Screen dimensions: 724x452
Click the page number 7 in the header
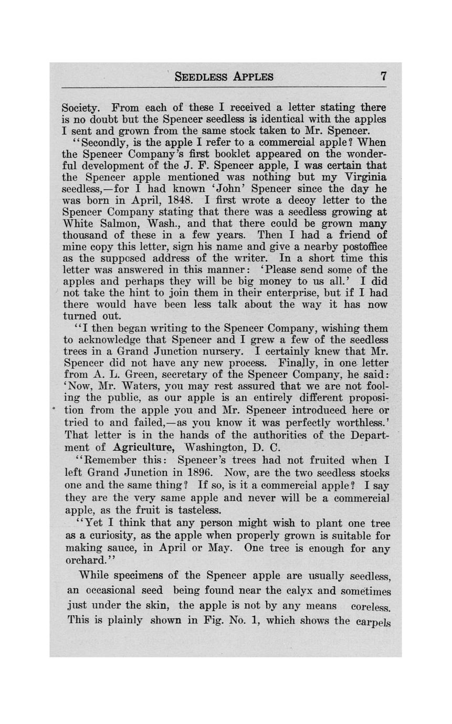[384, 76]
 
